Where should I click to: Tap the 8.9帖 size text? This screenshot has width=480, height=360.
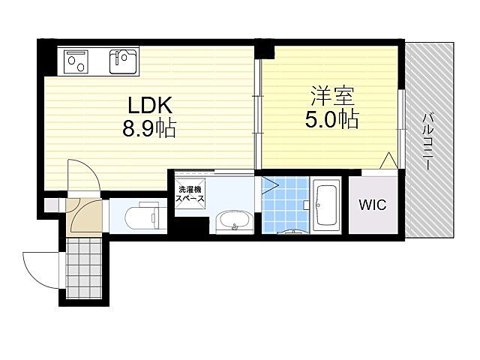click(150, 129)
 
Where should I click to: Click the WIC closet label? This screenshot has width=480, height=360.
click(372, 205)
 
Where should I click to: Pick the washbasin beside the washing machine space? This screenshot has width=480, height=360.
click(232, 221)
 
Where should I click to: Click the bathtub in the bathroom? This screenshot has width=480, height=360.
click(327, 204)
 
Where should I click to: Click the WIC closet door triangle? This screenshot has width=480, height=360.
click(388, 161)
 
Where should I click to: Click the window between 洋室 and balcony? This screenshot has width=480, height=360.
click(402, 120)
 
